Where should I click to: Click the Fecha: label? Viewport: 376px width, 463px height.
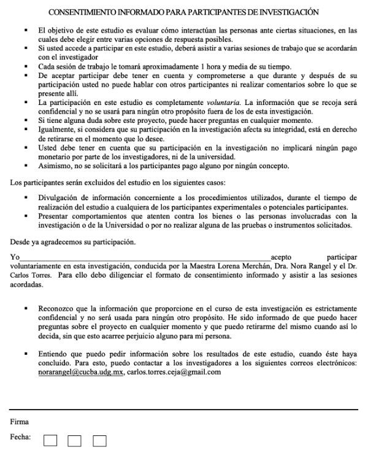(x=22, y=439)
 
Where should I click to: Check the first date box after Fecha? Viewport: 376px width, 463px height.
(x=52, y=440)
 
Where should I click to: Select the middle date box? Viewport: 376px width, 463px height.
(x=75, y=440)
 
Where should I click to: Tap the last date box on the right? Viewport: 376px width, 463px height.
(x=99, y=440)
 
